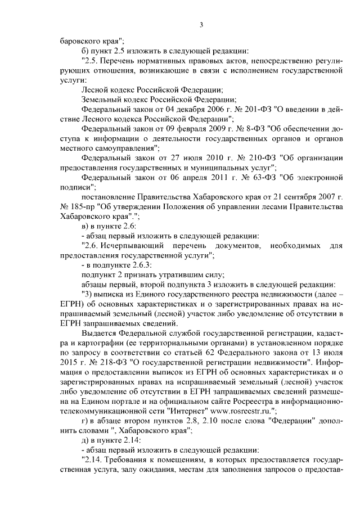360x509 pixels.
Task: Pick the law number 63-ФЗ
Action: point(251,178)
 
